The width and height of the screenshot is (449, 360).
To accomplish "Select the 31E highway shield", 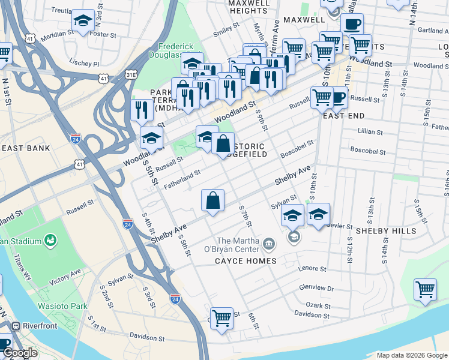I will [131, 73].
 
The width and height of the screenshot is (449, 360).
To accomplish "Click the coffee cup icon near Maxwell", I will [352, 25].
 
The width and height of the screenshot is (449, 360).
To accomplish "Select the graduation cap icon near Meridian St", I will [83, 21].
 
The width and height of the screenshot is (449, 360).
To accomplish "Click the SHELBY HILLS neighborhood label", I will [385, 231].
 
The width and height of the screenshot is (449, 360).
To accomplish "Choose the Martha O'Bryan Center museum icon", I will [268, 244].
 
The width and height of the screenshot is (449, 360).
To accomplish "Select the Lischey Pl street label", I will [84, 62].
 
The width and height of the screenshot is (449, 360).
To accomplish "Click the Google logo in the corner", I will [20, 353].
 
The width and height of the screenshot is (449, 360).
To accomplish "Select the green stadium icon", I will [50, 241].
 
